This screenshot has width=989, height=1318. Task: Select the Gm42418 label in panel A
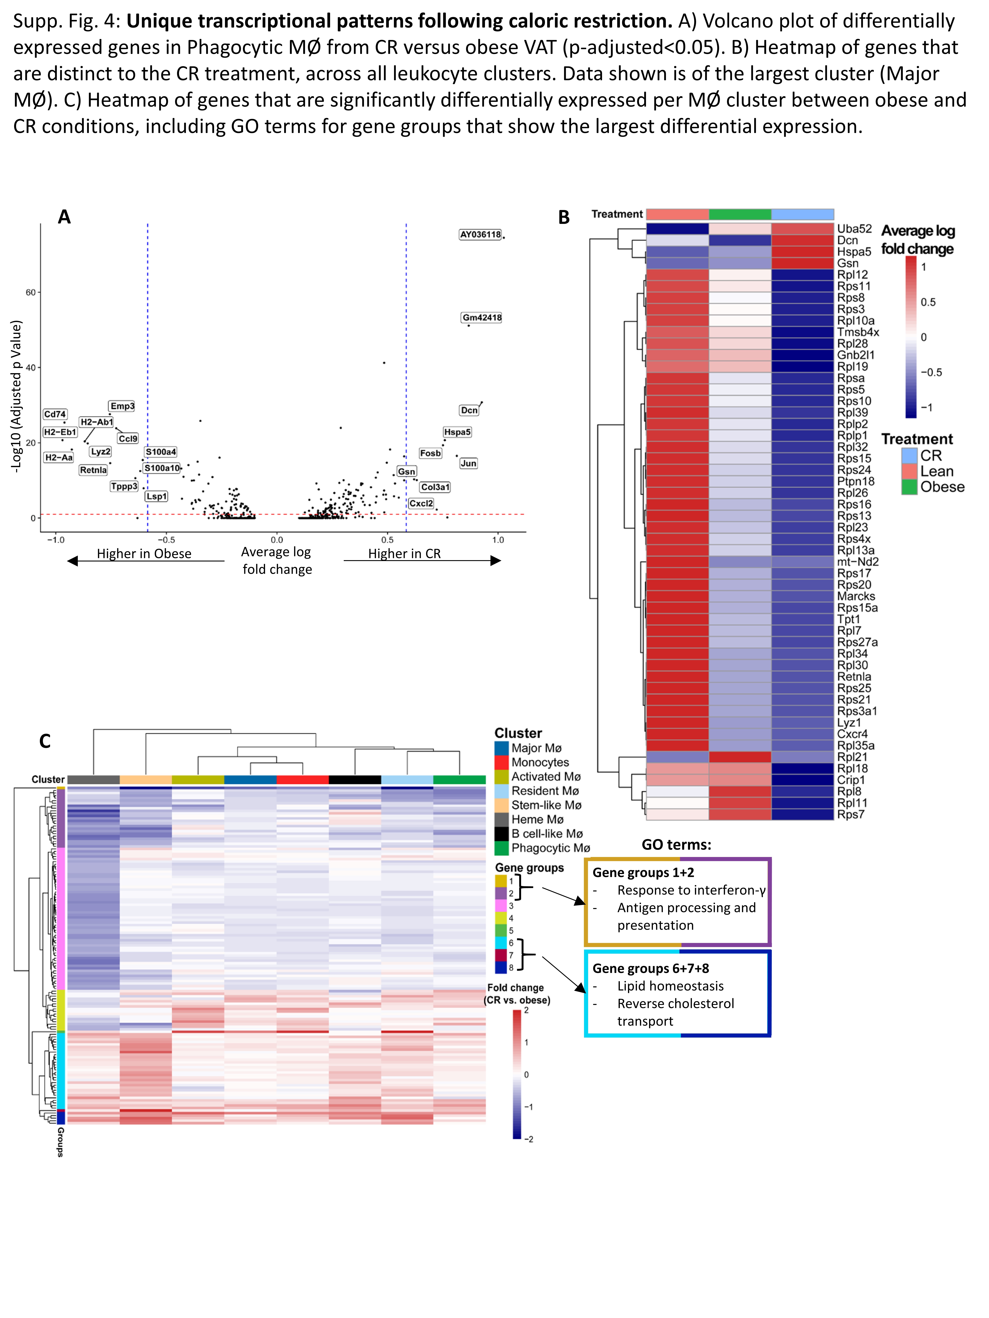click(482, 318)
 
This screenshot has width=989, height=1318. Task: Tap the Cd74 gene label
click(55, 414)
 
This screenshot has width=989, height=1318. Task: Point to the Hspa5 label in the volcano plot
click(457, 432)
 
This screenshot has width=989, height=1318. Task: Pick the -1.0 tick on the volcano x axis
click(56, 540)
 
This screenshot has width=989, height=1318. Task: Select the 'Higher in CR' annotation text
click(404, 554)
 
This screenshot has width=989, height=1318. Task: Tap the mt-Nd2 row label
click(857, 561)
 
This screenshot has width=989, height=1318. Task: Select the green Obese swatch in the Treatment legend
click(909, 487)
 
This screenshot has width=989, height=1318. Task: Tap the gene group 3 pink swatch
click(501, 906)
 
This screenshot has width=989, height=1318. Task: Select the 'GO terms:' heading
click(676, 844)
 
